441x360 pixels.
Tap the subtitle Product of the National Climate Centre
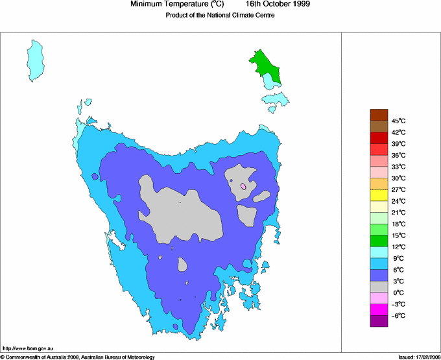coord(220,16)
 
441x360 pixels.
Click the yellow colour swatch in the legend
coord(379,195)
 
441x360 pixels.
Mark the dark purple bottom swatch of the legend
coord(379,320)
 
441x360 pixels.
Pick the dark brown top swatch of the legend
coord(379,115)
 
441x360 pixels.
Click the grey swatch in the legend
coord(379,286)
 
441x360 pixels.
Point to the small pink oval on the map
coord(243,187)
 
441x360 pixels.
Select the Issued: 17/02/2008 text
coord(415,357)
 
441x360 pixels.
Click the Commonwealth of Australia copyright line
coord(78,357)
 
